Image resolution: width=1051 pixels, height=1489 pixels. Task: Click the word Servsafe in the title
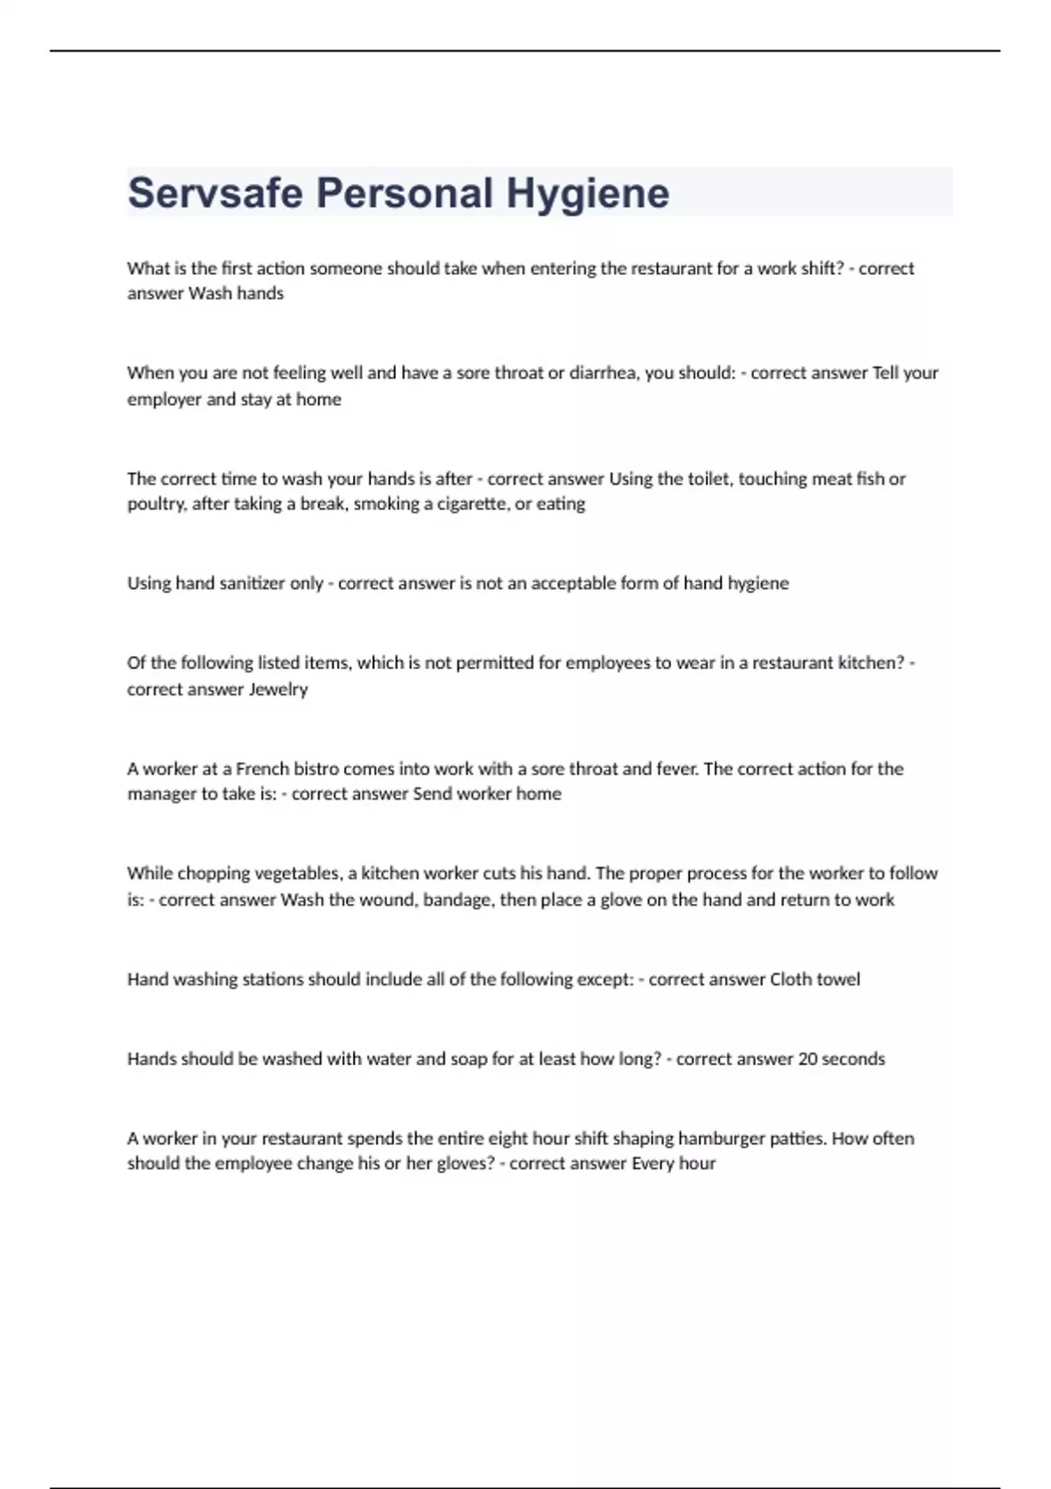pyautogui.click(x=216, y=194)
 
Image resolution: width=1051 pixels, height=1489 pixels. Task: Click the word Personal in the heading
pyautogui.click(x=405, y=194)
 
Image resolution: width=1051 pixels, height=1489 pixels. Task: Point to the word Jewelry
pyautogui.click(x=279, y=689)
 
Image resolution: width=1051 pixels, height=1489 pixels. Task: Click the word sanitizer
pyautogui.click(x=245, y=583)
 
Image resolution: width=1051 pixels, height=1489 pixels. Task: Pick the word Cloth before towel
pyautogui.click(x=791, y=979)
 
